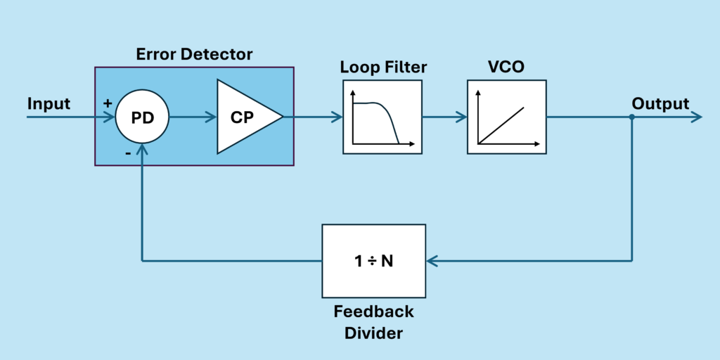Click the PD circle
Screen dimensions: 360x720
[142, 117]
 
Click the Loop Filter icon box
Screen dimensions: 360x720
[382, 117]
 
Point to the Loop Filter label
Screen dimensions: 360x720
[383, 68]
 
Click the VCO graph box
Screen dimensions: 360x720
[506, 117]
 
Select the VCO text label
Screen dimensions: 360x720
[506, 68]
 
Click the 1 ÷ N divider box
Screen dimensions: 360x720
[373, 260]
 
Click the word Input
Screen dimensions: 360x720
[49, 104]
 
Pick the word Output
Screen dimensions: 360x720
[660, 104]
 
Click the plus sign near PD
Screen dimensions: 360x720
[108, 103]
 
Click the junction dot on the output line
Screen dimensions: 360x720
[631, 117]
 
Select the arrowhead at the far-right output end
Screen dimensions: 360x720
[696, 117]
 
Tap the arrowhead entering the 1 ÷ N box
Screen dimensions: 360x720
[432, 261]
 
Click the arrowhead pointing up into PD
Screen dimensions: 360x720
[143, 149]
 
